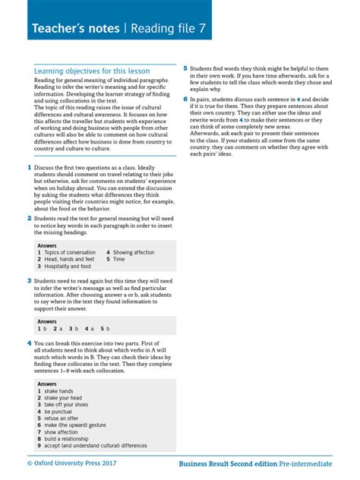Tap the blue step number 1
click(x=29, y=166)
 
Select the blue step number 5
click(x=185, y=68)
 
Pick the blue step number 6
click(x=185, y=99)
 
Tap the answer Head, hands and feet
click(x=69, y=259)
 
